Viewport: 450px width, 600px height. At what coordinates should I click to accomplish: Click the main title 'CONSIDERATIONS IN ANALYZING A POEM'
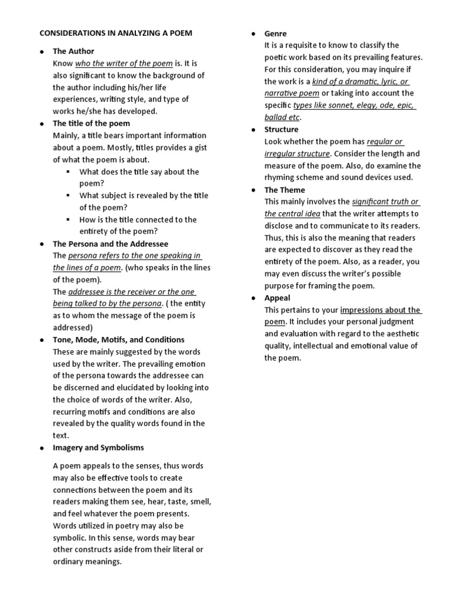[x=115, y=33]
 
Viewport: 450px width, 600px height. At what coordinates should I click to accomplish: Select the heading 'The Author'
[x=73, y=52]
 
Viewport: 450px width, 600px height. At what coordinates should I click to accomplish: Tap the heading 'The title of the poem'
[x=91, y=124]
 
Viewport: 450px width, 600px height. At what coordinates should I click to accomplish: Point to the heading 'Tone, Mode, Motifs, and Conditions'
[x=118, y=340]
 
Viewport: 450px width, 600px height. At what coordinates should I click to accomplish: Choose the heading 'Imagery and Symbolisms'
[x=98, y=448]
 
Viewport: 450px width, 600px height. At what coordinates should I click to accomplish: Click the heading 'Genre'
[x=275, y=33]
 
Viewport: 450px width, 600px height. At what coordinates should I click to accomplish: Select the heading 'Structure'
[x=281, y=129]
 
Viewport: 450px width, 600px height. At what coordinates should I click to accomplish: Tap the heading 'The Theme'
[x=284, y=190]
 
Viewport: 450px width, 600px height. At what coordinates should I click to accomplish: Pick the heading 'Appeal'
[x=277, y=298]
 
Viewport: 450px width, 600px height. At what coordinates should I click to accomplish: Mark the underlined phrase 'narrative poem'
[x=292, y=94]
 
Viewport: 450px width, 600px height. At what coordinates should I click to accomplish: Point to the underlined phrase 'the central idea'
[x=292, y=214]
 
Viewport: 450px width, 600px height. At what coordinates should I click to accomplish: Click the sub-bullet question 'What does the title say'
[x=139, y=172]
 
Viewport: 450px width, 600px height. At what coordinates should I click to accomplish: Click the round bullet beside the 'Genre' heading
[x=253, y=34]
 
